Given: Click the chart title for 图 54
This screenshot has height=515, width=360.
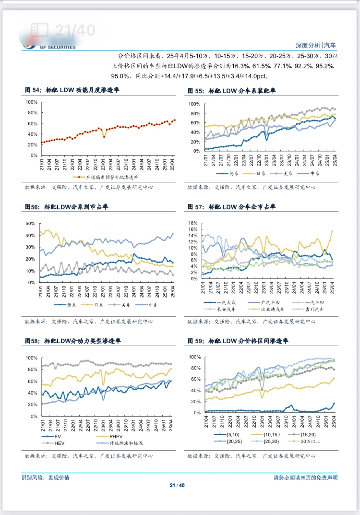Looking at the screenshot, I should click(x=72, y=90).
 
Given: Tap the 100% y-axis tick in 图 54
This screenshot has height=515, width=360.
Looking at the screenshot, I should click(x=31, y=102).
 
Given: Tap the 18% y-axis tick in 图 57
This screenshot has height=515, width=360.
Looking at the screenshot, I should click(x=193, y=224).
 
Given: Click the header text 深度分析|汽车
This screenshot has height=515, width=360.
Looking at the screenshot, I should click(x=315, y=45).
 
